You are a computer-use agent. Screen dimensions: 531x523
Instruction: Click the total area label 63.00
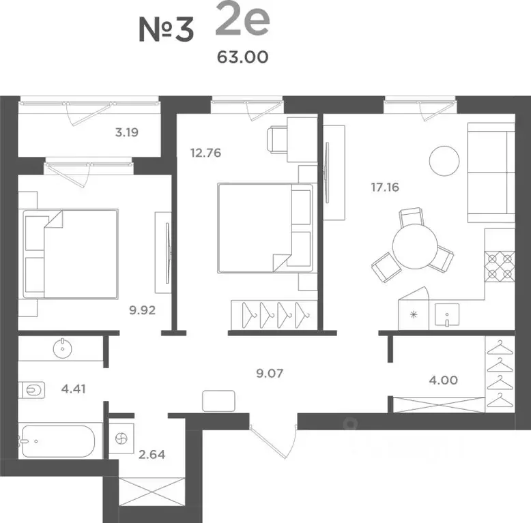point(242,57)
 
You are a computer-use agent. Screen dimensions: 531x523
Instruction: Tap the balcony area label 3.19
point(127,132)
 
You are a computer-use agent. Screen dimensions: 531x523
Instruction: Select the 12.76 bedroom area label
point(205,153)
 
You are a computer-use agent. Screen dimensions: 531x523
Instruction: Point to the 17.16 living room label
point(385,187)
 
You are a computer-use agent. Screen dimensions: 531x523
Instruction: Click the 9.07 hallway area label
point(270,373)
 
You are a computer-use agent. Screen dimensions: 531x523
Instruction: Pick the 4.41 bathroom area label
point(74,389)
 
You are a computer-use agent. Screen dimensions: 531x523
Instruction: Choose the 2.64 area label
point(152,454)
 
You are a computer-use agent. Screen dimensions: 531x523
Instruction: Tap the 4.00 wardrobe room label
point(443,380)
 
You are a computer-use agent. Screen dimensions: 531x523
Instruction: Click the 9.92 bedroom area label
point(142,310)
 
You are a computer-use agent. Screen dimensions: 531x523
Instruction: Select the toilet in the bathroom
point(32,390)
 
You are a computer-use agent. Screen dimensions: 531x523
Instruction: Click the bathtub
point(58,441)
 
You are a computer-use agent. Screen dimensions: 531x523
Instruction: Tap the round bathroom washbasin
point(62,348)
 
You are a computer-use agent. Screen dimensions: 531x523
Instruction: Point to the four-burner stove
point(500,267)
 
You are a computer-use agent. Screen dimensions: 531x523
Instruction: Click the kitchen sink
point(447,314)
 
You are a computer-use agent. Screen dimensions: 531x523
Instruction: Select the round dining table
point(415,247)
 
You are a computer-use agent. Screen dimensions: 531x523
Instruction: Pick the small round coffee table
point(444,161)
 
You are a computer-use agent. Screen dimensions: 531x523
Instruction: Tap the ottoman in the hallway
point(218,401)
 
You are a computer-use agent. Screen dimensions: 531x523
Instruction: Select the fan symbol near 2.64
point(121,438)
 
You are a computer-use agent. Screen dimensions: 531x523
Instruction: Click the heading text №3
point(167,30)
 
